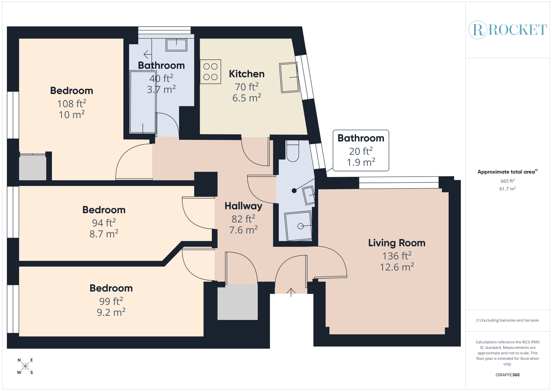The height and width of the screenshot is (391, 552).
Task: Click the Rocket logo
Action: [x=508, y=30]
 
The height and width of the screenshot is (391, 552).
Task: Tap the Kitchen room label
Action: [x=247, y=74]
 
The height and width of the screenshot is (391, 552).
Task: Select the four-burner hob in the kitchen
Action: [x=210, y=72]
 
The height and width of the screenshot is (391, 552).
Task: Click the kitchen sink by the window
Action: [x=289, y=77]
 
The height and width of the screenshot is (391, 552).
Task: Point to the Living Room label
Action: [x=397, y=243]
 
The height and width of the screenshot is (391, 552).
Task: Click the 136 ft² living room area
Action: [x=397, y=256]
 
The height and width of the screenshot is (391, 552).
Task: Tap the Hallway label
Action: [x=243, y=206]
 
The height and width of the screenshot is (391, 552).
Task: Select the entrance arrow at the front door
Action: [x=291, y=292]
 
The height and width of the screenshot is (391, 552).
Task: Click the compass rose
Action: [x=25, y=366]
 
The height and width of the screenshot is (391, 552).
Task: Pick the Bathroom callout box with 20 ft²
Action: [x=360, y=150]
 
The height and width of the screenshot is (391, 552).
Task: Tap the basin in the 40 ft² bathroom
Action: [x=176, y=45]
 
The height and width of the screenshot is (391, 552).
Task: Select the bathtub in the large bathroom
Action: [x=143, y=102]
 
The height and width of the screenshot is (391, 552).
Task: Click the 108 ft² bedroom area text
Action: [x=72, y=104]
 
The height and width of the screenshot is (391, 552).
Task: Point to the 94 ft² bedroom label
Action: [x=104, y=210]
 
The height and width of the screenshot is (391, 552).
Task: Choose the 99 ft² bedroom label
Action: [x=111, y=288]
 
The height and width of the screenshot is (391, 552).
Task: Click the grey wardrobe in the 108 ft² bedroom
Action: [x=33, y=167]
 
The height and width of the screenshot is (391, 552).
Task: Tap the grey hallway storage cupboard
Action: [x=238, y=302]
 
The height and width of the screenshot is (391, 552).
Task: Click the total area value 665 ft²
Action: [x=507, y=181]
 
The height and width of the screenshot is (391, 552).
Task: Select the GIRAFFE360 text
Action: [x=507, y=375]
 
